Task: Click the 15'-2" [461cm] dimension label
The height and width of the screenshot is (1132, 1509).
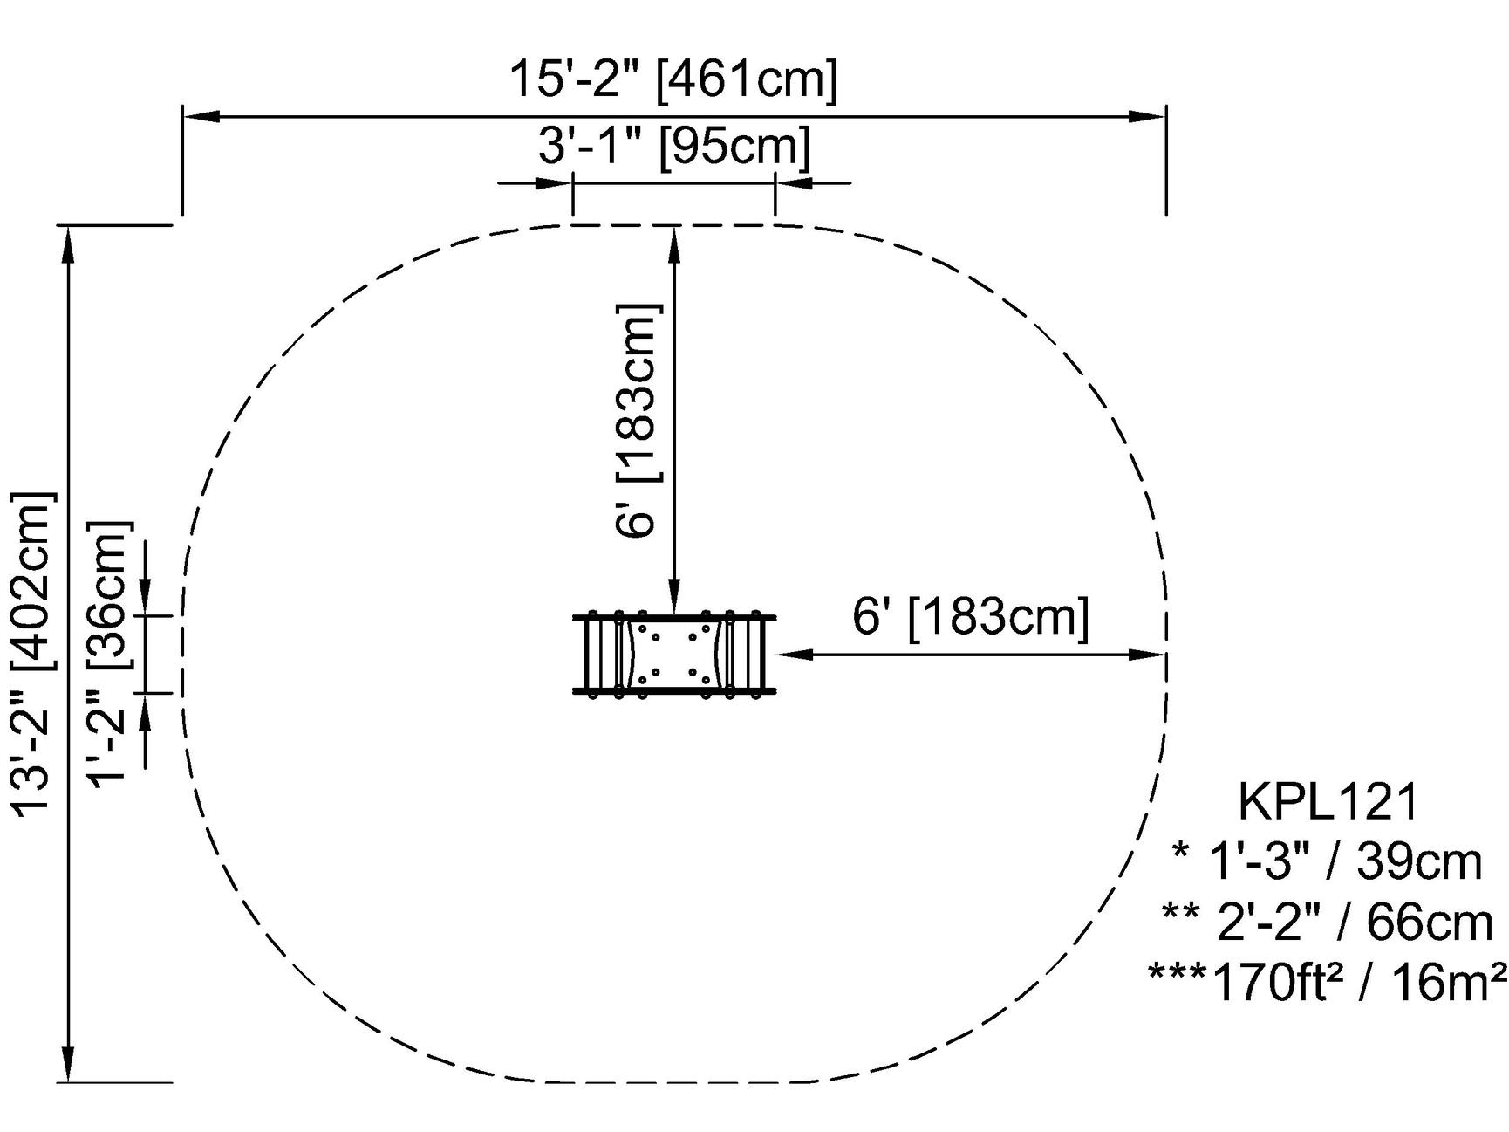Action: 673,79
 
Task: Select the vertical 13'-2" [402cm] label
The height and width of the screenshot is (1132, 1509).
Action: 33,655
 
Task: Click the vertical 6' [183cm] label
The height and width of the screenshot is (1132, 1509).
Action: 639,421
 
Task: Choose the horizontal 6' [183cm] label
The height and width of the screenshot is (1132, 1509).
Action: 971,617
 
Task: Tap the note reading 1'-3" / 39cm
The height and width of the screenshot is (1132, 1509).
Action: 1327,862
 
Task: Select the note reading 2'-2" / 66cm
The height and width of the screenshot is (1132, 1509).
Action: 1328,923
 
